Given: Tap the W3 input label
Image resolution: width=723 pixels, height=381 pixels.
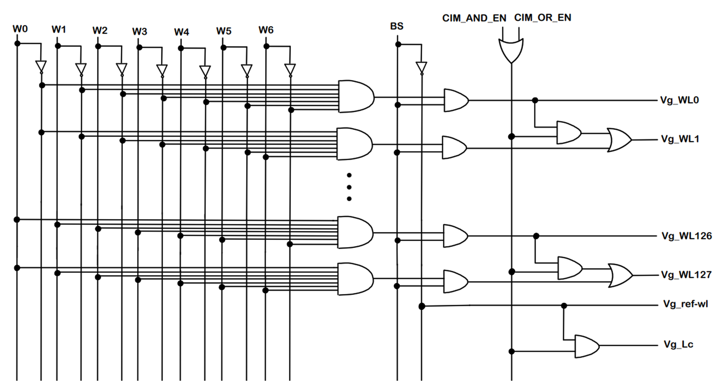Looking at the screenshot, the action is click(x=140, y=31).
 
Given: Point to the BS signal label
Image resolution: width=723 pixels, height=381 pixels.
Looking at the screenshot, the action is click(x=397, y=26).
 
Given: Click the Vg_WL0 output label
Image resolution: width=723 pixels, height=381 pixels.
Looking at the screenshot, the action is click(x=679, y=100).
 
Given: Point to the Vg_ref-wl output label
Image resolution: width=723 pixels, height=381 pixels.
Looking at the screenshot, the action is click(x=685, y=304).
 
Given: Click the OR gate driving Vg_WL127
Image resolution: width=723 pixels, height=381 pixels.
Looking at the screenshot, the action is click(x=620, y=275).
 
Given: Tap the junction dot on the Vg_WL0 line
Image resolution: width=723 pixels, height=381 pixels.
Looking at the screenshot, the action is click(x=535, y=100).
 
